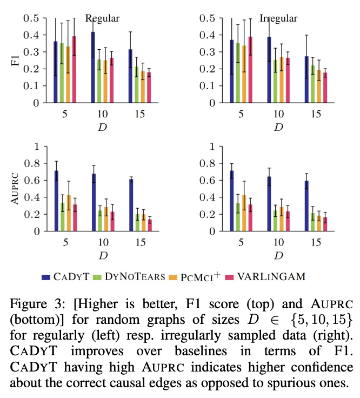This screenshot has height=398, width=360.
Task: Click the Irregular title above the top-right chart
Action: click(x=278, y=19)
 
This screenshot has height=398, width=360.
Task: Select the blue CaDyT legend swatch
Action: click(x=46, y=277)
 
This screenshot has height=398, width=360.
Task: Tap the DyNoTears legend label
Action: click(x=122, y=277)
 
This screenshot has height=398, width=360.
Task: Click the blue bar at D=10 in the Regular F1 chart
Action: click(x=93, y=67)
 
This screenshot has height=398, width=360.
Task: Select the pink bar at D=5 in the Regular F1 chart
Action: click(x=74, y=69)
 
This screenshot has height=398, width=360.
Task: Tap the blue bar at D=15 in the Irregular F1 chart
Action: click(x=307, y=79)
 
